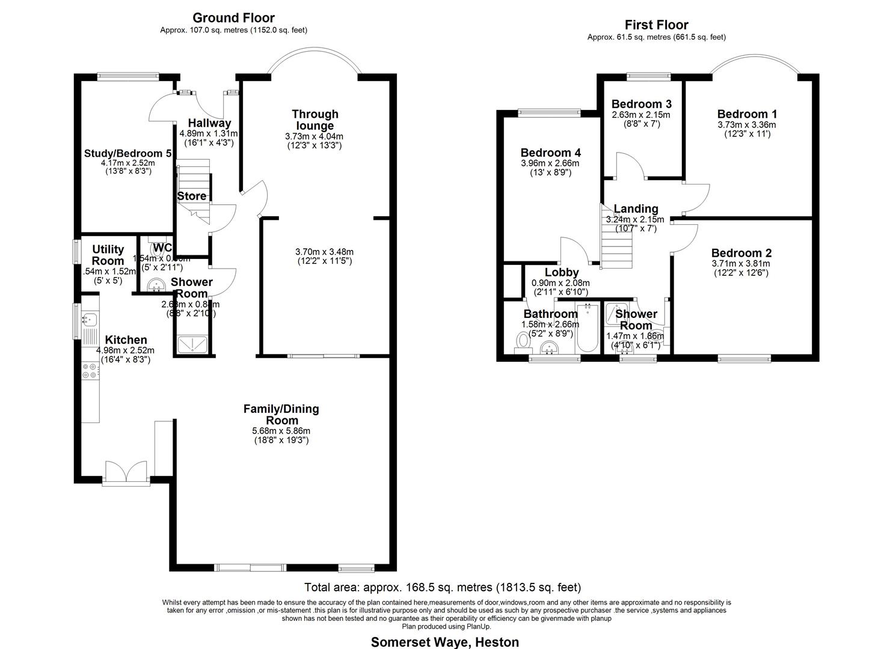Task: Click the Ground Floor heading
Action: coord(233,18)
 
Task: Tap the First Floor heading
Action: coord(656,25)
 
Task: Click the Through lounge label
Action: coord(315,120)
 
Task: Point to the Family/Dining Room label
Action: coord(281,415)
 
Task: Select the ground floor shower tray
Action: coord(193,343)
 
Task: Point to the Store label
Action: coord(192,196)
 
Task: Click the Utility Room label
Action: coord(108,255)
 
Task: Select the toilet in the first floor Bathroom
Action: coord(523,341)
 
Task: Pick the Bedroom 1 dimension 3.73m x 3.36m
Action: coord(747,125)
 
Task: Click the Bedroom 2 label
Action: coord(741,254)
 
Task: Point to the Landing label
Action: coord(636,209)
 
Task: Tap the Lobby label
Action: coord(562,273)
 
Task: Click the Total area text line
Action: coord(443,587)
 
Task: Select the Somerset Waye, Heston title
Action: coord(444,642)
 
